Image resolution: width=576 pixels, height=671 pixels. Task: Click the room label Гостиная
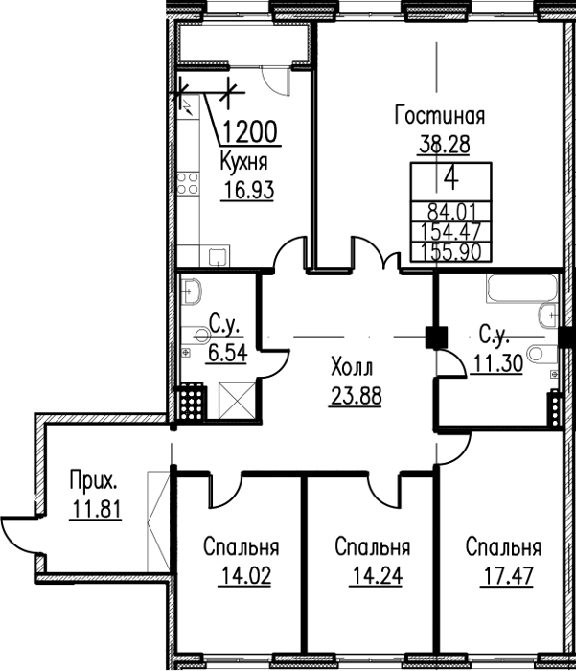click(440, 116)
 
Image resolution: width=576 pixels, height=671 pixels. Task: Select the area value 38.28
click(445, 144)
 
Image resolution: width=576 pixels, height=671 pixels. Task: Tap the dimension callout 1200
click(250, 131)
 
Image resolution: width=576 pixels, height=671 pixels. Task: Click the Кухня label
click(244, 163)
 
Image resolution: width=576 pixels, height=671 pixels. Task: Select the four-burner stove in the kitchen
click(188, 183)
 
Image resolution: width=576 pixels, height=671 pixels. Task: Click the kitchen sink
click(219, 256)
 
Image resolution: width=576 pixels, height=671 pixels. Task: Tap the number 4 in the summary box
click(451, 180)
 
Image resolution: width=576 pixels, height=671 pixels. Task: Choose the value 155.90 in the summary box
click(451, 252)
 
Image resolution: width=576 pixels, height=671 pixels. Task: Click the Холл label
click(352, 367)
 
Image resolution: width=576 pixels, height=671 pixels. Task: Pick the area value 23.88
click(356, 395)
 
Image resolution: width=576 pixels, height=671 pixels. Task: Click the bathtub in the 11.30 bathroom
click(522, 289)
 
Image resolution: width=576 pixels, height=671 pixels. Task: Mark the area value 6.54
click(228, 354)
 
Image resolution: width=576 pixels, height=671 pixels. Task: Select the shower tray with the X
click(237, 401)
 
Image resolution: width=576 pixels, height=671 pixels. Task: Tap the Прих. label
click(94, 481)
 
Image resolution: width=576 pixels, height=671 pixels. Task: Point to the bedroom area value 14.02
click(244, 575)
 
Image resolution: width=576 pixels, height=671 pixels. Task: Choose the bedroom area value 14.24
click(376, 575)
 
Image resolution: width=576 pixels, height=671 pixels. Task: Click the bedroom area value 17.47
click(507, 575)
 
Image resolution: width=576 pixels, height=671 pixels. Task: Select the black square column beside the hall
click(436, 337)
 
